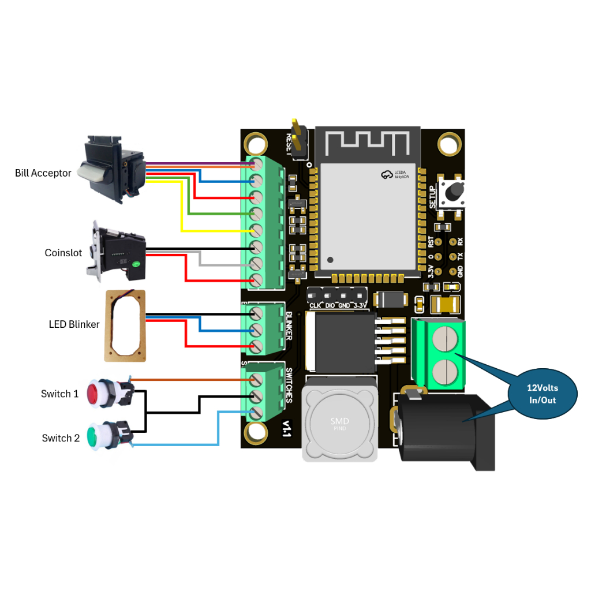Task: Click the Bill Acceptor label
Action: [43, 173]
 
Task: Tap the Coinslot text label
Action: [63, 253]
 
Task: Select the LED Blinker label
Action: [74, 324]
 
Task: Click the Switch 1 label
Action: [59, 394]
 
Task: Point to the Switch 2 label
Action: [61, 439]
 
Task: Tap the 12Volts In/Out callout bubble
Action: [542, 394]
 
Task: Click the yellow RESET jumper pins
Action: [298, 139]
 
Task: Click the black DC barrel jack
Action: [444, 428]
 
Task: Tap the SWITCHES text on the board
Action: [289, 386]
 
